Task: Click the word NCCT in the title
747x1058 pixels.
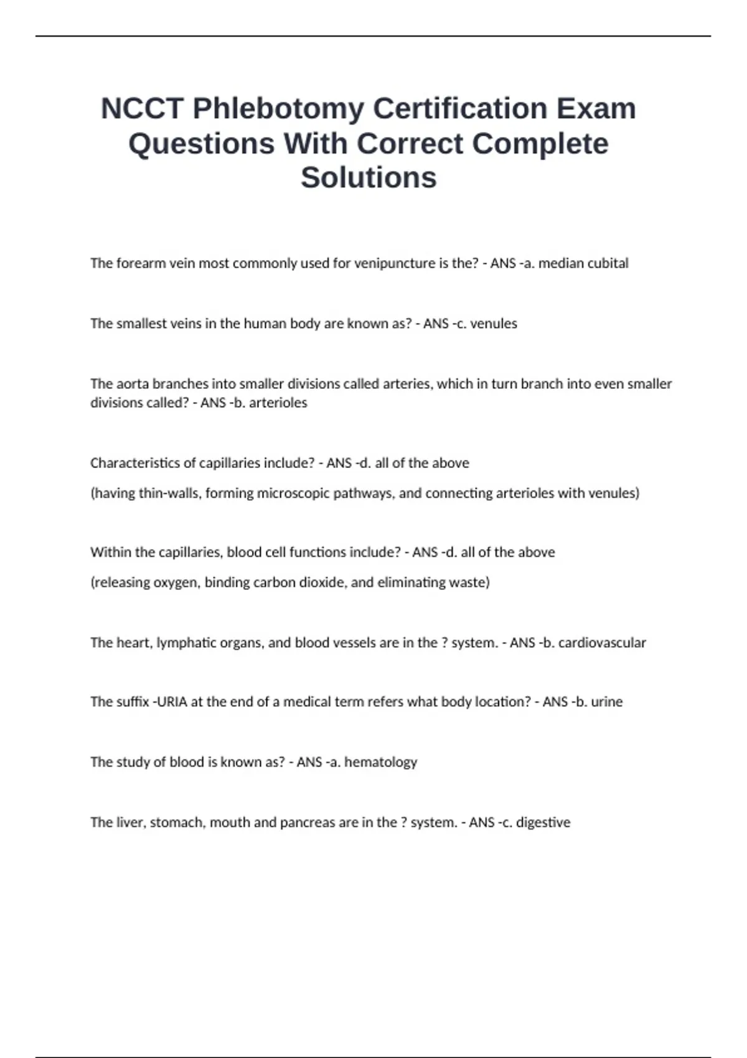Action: (x=142, y=109)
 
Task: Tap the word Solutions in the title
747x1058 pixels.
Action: (x=369, y=177)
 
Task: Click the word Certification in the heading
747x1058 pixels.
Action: (x=459, y=109)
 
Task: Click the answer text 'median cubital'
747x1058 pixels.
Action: (x=583, y=263)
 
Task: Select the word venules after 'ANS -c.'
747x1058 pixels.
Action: (x=494, y=324)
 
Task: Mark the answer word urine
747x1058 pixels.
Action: (x=607, y=702)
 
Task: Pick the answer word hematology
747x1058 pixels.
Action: (x=380, y=762)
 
